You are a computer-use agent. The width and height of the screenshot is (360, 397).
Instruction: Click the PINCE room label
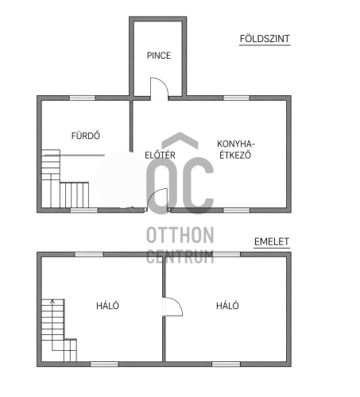pos(159,56)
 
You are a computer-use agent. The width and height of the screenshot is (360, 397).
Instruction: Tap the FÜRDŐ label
pos(86,136)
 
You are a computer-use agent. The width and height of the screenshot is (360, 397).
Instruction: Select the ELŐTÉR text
pos(160,155)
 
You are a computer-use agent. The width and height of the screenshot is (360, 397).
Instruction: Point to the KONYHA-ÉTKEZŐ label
pos(236,149)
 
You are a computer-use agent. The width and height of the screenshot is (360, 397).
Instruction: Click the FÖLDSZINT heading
pos(265,39)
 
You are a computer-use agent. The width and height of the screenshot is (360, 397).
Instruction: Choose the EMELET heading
pos(272,241)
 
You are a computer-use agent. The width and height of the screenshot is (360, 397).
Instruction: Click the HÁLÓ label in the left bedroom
pos(107,306)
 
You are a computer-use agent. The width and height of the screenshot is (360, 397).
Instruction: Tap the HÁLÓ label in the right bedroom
pos(227,306)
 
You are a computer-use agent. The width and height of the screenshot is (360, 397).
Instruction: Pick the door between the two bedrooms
pos(172,306)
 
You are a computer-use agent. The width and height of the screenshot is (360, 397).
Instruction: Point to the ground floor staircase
pos(65,179)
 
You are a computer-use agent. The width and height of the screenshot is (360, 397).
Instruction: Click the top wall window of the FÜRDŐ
pos(82,98)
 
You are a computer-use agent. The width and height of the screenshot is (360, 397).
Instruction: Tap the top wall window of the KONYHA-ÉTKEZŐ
pos(236,98)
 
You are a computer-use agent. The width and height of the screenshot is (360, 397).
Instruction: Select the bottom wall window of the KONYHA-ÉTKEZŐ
pos(237,210)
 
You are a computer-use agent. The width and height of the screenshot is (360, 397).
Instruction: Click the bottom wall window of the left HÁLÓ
pos(104,364)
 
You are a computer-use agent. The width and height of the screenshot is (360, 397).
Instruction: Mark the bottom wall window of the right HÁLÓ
pos(226,364)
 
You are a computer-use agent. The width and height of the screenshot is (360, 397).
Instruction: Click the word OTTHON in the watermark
pos(180,235)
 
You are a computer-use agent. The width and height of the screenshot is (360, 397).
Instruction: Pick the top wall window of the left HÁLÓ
pos(89,254)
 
